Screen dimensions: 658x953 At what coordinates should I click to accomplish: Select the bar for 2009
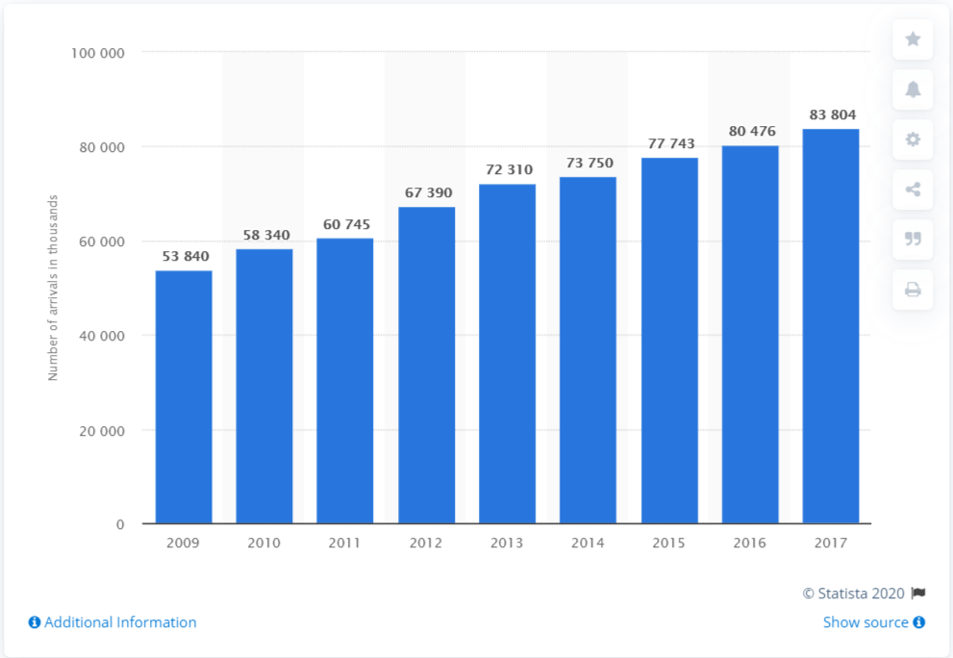184,397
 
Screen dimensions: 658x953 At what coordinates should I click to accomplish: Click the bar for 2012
426,366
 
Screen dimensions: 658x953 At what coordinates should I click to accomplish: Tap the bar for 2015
669,341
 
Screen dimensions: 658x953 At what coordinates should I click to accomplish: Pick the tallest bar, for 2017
831,326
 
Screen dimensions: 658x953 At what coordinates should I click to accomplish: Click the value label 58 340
264,235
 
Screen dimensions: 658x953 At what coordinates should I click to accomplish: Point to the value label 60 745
345,224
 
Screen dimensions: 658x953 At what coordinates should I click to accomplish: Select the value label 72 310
507,169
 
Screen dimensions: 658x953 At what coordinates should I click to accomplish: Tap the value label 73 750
588,163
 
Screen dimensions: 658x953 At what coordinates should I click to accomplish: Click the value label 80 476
750,130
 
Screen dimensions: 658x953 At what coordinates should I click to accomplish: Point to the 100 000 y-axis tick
98,53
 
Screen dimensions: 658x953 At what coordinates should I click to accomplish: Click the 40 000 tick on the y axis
102,336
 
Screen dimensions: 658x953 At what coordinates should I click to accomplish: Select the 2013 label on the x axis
507,544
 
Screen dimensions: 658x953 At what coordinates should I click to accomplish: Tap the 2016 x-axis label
750,544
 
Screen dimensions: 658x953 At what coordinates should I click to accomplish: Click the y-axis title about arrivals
54,288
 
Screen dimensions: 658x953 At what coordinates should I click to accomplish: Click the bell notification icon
913,89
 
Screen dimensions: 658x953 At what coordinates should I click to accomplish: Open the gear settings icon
913,139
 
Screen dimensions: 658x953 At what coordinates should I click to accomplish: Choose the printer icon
913,290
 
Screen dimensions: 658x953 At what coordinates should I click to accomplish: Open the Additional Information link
113,622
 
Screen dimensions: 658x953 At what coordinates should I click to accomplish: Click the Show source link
873,622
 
